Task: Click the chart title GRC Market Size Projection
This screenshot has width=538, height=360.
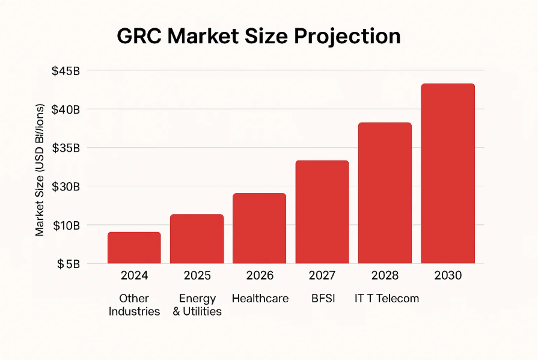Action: (258, 37)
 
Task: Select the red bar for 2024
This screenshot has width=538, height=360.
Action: (134, 248)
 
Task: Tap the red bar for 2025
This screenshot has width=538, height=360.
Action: (197, 239)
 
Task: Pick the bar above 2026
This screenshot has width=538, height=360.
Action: (259, 228)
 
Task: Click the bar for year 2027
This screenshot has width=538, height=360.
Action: (322, 212)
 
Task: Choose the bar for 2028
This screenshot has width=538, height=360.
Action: (385, 193)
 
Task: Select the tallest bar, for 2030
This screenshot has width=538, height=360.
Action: (448, 174)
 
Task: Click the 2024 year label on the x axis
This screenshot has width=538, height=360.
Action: (134, 276)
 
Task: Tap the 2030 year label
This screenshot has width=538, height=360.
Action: (448, 276)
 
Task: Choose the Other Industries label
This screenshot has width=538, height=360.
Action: (134, 305)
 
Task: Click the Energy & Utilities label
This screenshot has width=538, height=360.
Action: (197, 305)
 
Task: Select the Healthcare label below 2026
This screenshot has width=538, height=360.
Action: (260, 299)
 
